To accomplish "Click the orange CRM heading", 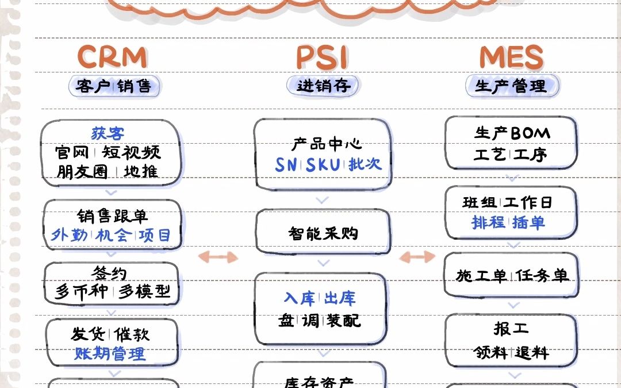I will pyautogui.click(x=112, y=57).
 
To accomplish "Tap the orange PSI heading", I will pyautogui.click(x=322, y=57).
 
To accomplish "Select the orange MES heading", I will pyautogui.click(x=511, y=57).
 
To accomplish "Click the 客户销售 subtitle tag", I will pyautogui.click(x=113, y=86).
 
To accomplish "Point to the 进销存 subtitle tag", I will pyautogui.click(x=323, y=86).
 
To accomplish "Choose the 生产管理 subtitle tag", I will pyautogui.click(x=511, y=86).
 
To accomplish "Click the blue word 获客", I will pyautogui.click(x=108, y=134).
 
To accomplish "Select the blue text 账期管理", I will pyautogui.click(x=109, y=354).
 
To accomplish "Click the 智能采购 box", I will pyautogui.click(x=323, y=233).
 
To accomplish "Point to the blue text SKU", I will pyautogui.click(x=323, y=164).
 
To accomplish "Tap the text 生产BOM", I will pyautogui.click(x=512, y=133).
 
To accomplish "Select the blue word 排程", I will pyautogui.click(x=489, y=222).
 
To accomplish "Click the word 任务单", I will pyautogui.click(x=542, y=276).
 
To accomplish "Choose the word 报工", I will pyautogui.click(x=511, y=329).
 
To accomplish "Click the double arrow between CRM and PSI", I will pyautogui.click(x=218, y=256).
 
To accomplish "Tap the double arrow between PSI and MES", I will pyautogui.click(x=417, y=256).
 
